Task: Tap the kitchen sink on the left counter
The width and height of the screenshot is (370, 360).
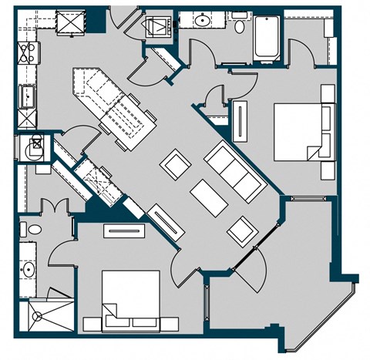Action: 25,95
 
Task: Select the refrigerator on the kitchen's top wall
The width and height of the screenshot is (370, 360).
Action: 71,24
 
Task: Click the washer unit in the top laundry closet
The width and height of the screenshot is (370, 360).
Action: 159,25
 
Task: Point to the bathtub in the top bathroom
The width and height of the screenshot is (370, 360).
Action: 266,39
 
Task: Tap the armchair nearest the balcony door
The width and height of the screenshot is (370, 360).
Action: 240,227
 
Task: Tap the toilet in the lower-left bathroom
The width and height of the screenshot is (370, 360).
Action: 25,229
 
